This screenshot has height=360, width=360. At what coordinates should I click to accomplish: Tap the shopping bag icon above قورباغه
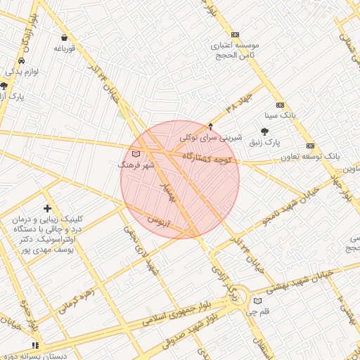64,37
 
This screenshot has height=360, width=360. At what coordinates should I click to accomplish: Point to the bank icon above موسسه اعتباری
235,34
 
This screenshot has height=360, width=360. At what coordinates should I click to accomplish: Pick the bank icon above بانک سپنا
280,105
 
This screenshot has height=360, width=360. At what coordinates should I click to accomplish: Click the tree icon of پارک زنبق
264,131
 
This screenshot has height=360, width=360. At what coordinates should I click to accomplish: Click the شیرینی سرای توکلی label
211,138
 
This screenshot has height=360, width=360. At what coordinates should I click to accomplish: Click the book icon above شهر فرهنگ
136,153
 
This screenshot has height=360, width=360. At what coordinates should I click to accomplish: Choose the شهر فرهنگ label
134,165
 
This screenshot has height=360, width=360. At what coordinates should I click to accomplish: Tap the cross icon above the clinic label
47,208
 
